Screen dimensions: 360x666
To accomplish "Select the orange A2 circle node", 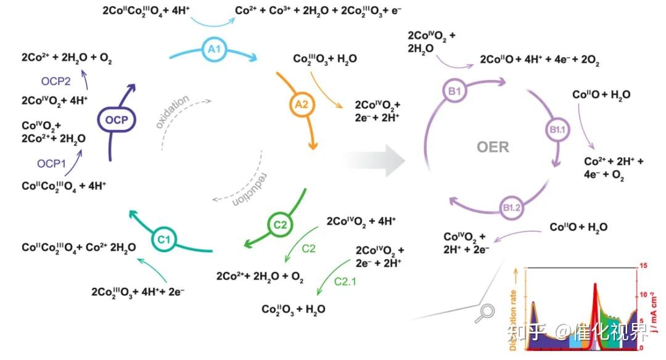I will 302,105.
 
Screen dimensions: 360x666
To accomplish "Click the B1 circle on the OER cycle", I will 455,92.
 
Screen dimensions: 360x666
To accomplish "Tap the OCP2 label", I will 57,81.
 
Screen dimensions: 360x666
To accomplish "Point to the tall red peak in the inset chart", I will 595,286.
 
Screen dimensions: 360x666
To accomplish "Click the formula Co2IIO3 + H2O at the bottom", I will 294,309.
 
